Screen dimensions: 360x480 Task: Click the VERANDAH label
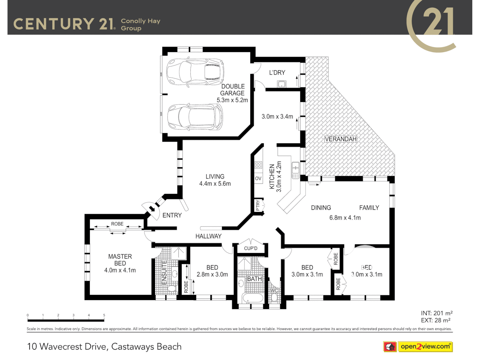pos(340,139)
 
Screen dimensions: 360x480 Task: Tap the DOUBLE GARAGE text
pos(233,90)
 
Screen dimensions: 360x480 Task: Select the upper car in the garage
pos(195,72)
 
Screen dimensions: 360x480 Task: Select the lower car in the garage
pos(195,117)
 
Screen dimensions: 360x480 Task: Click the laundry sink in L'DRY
pos(282,84)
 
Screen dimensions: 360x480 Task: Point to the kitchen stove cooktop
pos(258,165)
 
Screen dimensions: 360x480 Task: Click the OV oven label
pos(258,179)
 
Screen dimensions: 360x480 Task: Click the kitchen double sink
pos(295,170)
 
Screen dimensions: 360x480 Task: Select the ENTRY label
pos(172,215)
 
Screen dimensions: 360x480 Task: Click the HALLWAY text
pos(208,236)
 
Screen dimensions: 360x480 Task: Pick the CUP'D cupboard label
pos(251,248)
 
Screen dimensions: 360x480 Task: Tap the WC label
pos(274,291)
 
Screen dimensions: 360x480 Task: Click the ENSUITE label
pos(164,273)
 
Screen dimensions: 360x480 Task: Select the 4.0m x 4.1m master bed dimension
pos(120,270)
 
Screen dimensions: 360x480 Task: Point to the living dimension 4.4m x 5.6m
pos(215,184)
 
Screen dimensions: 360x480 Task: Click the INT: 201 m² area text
pos(436,313)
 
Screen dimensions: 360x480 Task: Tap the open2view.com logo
pos(425,347)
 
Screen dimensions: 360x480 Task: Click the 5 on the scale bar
pos(104,315)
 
